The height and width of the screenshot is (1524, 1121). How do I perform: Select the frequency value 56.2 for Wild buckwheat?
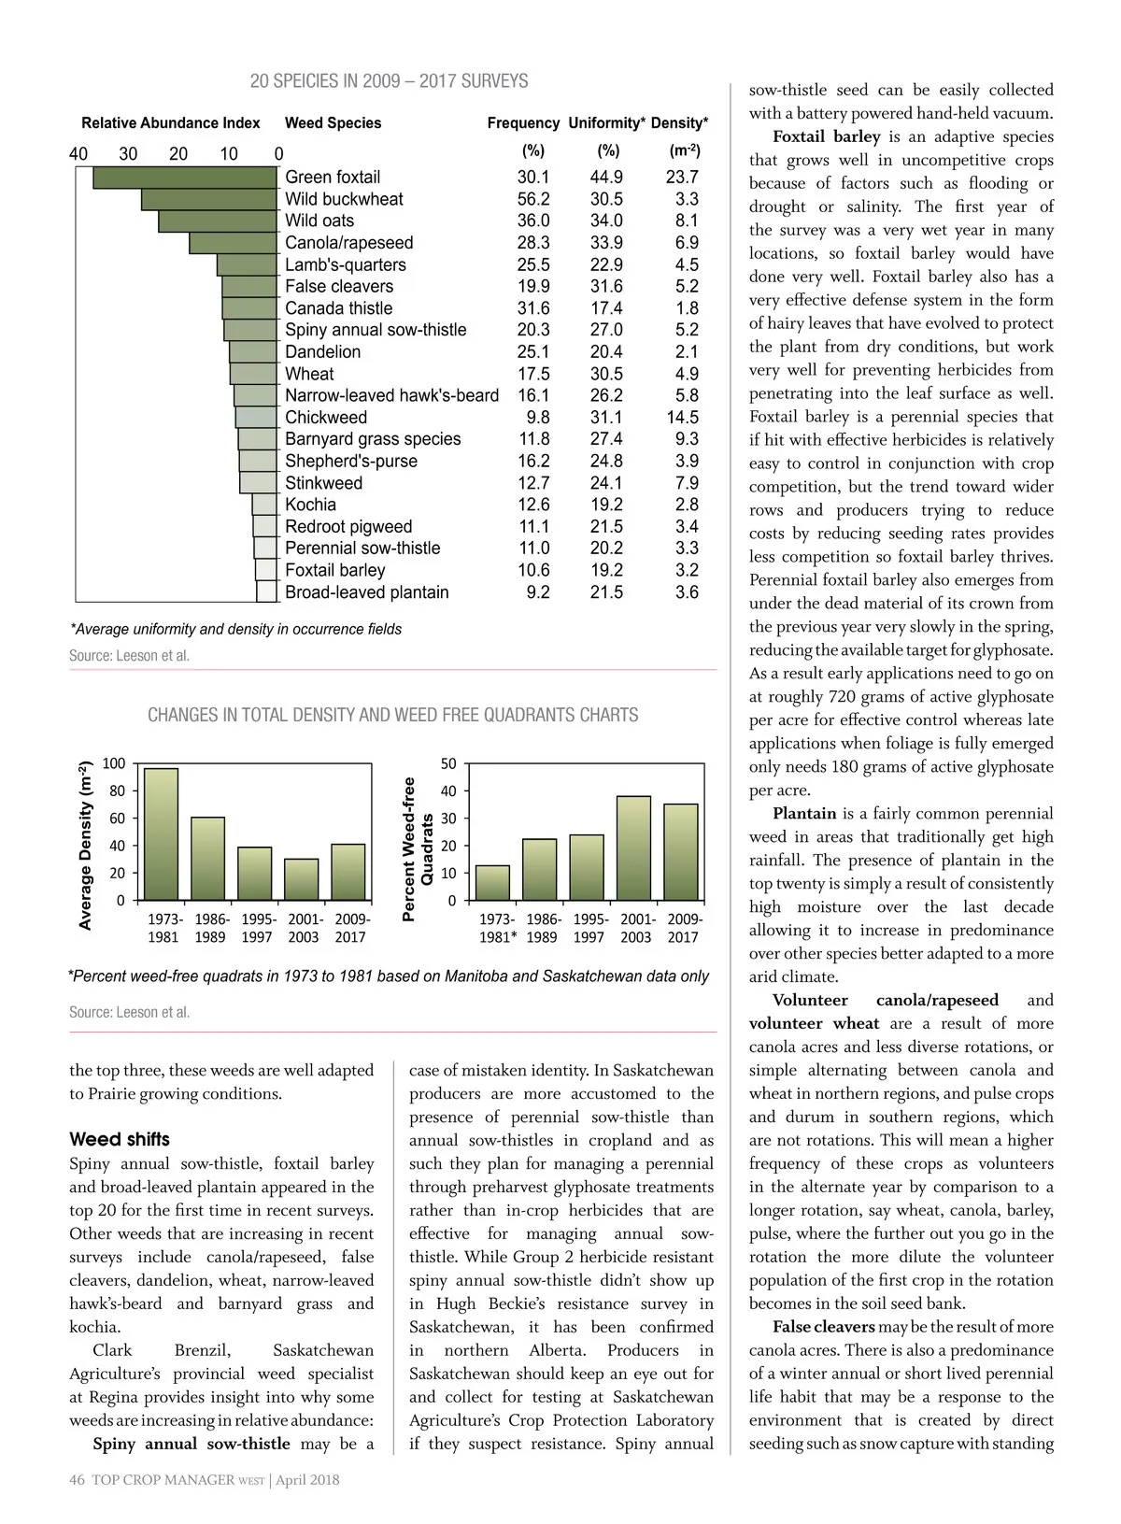[x=533, y=199]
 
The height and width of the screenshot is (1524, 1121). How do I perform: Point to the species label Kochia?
[x=310, y=505]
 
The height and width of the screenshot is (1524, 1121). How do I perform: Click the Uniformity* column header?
[x=606, y=123]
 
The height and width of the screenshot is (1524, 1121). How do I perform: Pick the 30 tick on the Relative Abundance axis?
[x=128, y=154]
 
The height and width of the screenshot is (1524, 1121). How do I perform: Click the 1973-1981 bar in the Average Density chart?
[x=161, y=834]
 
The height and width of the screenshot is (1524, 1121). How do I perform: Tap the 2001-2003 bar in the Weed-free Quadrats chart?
[x=634, y=848]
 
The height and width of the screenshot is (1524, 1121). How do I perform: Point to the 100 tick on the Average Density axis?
[x=113, y=764]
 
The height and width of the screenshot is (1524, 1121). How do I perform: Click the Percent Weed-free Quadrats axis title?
[x=418, y=849]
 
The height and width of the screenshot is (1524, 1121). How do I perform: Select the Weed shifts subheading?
[x=120, y=1140]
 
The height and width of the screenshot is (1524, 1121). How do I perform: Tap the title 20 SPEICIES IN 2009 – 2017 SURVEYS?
[x=389, y=81]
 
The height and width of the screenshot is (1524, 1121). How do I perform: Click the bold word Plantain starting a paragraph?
[x=804, y=814]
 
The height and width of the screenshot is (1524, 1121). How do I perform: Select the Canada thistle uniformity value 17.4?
[x=606, y=308]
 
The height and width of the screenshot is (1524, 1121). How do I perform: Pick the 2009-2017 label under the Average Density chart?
[x=351, y=928]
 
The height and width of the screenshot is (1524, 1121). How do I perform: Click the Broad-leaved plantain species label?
[x=366, y=592]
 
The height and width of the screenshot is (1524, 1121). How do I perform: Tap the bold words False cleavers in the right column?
[x=823, y=1327]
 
